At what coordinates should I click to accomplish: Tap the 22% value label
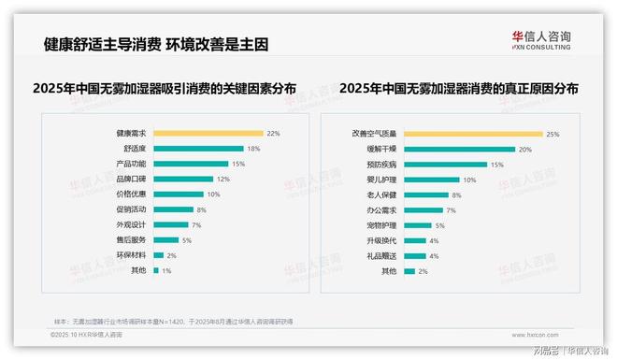273,134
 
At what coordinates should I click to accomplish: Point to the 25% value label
552,134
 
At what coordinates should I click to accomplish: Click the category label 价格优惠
132,194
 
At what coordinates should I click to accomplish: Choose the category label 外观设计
132,224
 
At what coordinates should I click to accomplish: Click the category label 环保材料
132,255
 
